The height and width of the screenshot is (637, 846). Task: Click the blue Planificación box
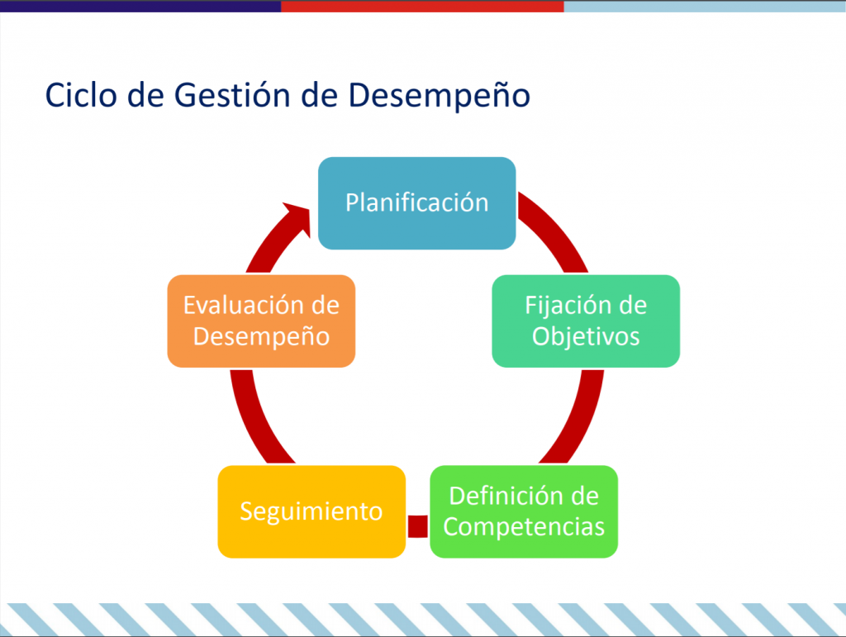416,202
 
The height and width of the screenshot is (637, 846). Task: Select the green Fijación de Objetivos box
586,321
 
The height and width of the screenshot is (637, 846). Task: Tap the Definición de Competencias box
524,511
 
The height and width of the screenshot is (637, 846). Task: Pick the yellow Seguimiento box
311,511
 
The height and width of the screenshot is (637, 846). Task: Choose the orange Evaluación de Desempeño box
261,321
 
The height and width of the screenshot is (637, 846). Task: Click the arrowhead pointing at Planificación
298,217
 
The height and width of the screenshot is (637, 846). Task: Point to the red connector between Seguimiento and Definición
417,526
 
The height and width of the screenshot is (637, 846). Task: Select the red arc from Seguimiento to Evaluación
254,419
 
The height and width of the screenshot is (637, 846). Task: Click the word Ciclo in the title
81,95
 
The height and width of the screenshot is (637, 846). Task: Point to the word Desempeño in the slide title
440,96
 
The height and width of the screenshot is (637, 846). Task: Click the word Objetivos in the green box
586,337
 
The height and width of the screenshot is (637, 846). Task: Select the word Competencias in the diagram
524,527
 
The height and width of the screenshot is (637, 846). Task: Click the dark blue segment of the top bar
140,6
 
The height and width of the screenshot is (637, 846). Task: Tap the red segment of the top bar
422,6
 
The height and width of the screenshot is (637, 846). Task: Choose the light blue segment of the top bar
706,6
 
